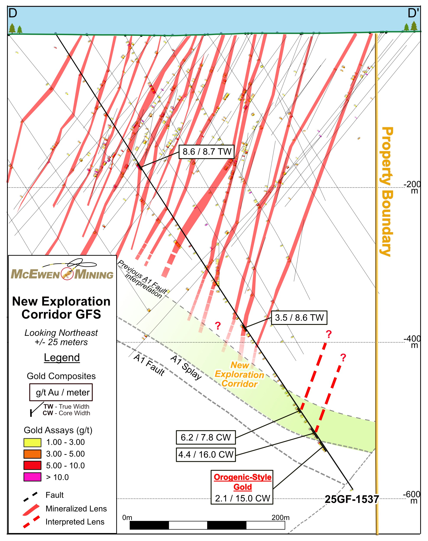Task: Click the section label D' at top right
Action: [x=413, y=13]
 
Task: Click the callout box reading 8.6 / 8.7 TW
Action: [x=206, y=152]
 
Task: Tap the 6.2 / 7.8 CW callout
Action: [x=205, y=437]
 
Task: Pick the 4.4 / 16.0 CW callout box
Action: [x=206, y=454]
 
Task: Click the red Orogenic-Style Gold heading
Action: [x=242, y=482]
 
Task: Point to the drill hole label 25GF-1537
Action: [x=352, y=499]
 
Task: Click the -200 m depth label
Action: [x=412, y=187]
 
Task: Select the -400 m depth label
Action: [x=412, y=342]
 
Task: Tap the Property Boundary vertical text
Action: [x=387, y=191]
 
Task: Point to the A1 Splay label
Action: [x=186, y=367]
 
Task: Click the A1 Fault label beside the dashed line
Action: [x=149, y=364]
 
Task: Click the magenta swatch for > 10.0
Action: [x=32, y=477]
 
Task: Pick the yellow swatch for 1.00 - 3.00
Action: [x=32, y=442]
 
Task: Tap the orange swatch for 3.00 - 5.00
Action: [x=32, y=454]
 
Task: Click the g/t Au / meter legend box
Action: [x=61, y=392]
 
